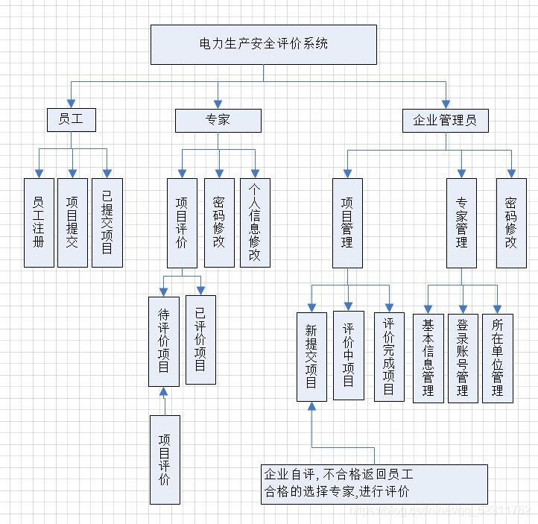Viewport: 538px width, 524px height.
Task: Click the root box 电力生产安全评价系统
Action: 263,44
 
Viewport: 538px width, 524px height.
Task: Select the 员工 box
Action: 71,119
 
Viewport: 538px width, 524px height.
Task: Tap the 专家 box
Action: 218,120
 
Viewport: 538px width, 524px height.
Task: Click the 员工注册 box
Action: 39,222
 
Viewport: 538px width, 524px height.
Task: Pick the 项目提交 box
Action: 72,222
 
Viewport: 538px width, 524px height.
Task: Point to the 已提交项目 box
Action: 107,222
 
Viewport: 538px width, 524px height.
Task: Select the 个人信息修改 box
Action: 255,222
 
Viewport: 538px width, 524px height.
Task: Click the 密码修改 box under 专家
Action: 219,222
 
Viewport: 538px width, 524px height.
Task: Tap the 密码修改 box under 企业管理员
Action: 511,222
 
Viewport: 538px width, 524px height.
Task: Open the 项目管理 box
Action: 347,222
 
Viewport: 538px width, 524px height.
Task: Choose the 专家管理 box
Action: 461,222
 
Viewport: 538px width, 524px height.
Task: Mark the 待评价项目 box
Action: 164,341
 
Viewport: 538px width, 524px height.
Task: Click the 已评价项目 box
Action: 200,339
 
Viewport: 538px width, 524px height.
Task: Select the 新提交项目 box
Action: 311,356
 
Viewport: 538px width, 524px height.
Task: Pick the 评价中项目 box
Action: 348,356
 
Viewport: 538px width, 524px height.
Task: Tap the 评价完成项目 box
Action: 388,356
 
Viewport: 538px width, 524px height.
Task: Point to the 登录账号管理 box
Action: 463,358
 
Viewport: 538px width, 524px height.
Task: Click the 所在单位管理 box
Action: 497,358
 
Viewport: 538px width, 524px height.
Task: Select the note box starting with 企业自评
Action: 374,484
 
